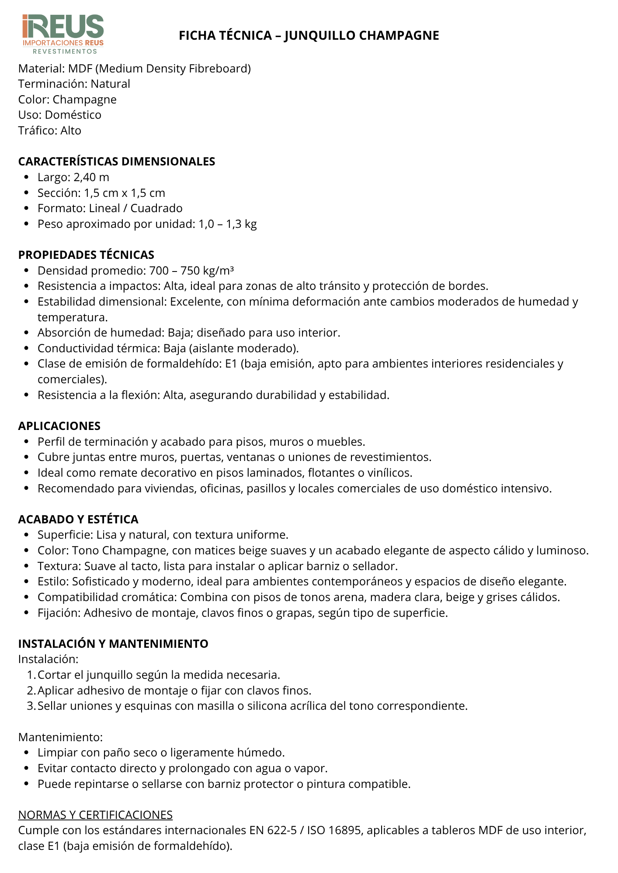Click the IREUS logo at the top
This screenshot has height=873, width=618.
63,34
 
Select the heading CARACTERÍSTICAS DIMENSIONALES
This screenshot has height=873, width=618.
117,162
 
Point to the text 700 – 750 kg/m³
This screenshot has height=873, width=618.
191,271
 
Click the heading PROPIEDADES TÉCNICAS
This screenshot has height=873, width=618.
86,255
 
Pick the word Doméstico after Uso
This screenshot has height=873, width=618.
73,115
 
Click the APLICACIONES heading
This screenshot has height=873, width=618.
59,426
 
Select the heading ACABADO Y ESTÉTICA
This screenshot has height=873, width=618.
78,519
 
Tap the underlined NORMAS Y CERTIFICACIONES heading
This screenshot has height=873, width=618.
95,815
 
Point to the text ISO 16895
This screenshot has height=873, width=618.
333,830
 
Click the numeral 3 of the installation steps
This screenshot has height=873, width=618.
30,706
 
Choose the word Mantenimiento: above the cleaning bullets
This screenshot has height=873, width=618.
60,737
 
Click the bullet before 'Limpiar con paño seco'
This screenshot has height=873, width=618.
27,753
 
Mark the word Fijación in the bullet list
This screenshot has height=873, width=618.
59,613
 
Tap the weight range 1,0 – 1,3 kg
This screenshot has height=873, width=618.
228,224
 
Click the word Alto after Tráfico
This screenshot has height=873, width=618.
71,131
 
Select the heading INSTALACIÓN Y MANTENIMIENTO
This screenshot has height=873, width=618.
113,644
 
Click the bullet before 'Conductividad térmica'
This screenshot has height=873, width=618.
27,348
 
